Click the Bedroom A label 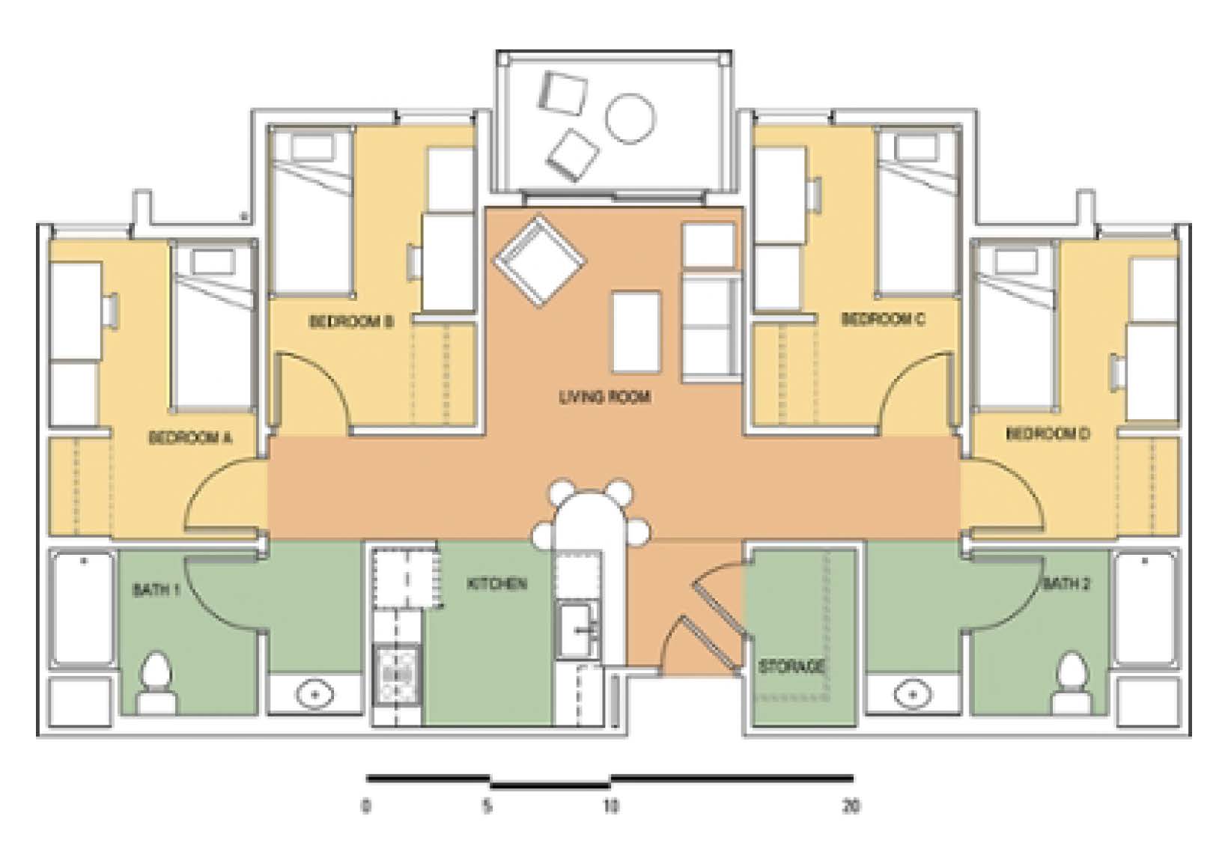pos(191,438)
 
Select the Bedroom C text pos(883,319)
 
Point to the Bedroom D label pos(1048,434)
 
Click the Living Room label pos(605,397)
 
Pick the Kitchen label pos(497,584)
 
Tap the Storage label pos(791,667)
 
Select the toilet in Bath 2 pos(1072,683)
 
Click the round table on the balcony pos(630,118)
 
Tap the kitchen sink pos(578,630)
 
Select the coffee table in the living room pos(636,332)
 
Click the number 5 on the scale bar pos(487,806)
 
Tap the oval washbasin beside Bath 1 pos(314,695)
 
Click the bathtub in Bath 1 pos(83,609)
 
